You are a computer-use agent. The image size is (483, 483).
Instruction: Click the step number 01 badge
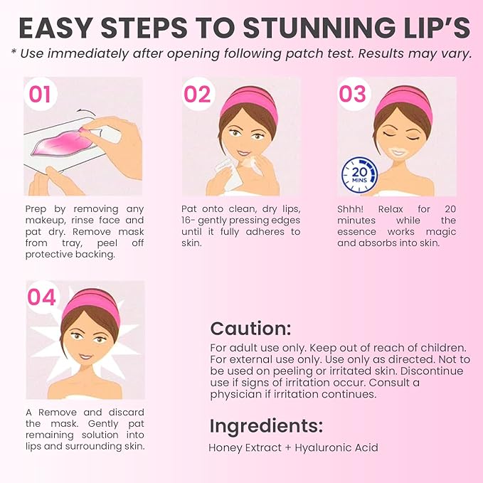point(40,94)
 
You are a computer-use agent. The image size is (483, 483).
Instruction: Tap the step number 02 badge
point(197,94)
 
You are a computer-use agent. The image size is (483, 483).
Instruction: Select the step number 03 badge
point(352,94)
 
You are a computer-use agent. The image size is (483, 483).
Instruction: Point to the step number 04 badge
point(42,297)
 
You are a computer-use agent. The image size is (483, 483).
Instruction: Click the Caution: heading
point(250,329)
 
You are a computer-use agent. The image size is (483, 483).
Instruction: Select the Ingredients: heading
point(266,425)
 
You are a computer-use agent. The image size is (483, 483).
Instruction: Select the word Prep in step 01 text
point(36,209)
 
